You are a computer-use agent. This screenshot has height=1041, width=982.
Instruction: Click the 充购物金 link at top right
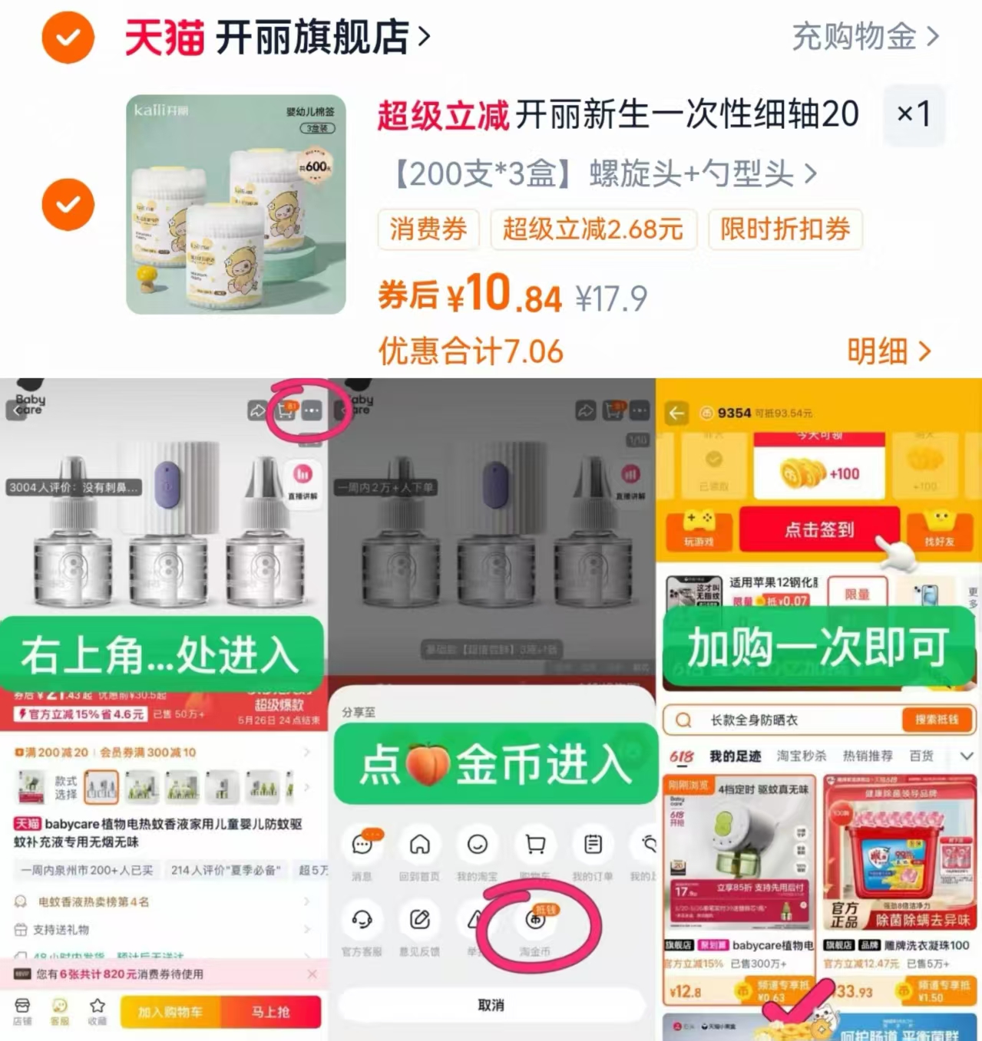(865, 36)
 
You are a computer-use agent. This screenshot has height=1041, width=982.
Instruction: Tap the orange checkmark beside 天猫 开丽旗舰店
(68, 36)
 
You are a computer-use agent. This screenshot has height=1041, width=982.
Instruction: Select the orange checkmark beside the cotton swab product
(68, 204)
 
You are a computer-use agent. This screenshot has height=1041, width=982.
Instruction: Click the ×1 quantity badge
(914, 114)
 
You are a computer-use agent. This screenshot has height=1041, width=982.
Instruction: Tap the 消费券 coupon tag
(428, 229)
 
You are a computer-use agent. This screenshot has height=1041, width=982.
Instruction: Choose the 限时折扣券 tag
(785, 229)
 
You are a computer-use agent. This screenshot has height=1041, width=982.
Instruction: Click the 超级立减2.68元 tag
(593, 229)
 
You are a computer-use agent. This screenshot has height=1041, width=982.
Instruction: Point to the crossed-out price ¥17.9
(611, 298)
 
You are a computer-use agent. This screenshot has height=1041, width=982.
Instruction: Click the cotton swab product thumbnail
(236, 204)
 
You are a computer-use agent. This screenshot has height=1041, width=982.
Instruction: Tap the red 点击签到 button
(818, 529)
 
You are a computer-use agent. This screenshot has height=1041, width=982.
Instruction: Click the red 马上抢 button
(270, 1012)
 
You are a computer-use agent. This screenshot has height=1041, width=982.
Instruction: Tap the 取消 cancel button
(491, 1005)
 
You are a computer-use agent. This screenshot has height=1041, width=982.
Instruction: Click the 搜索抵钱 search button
(936, 720)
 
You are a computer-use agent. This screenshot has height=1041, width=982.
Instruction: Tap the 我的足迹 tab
(735, 756)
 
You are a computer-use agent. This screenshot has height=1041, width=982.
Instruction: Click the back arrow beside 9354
(676, 413)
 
